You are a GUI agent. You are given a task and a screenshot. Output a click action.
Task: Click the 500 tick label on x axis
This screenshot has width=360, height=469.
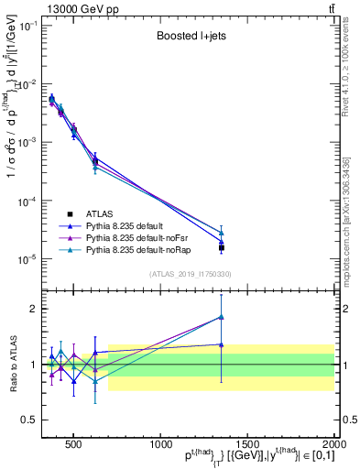[x=71, y=442]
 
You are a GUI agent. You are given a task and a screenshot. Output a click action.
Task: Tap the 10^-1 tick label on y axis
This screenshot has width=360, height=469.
[x=27, y=26]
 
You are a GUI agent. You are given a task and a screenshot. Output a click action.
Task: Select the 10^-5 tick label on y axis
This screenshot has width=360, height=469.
[x=27, y=259]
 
